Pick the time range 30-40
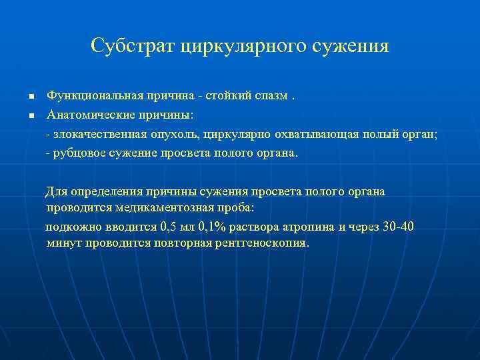tap(397, 227)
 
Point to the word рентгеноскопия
tap(263, 243)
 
